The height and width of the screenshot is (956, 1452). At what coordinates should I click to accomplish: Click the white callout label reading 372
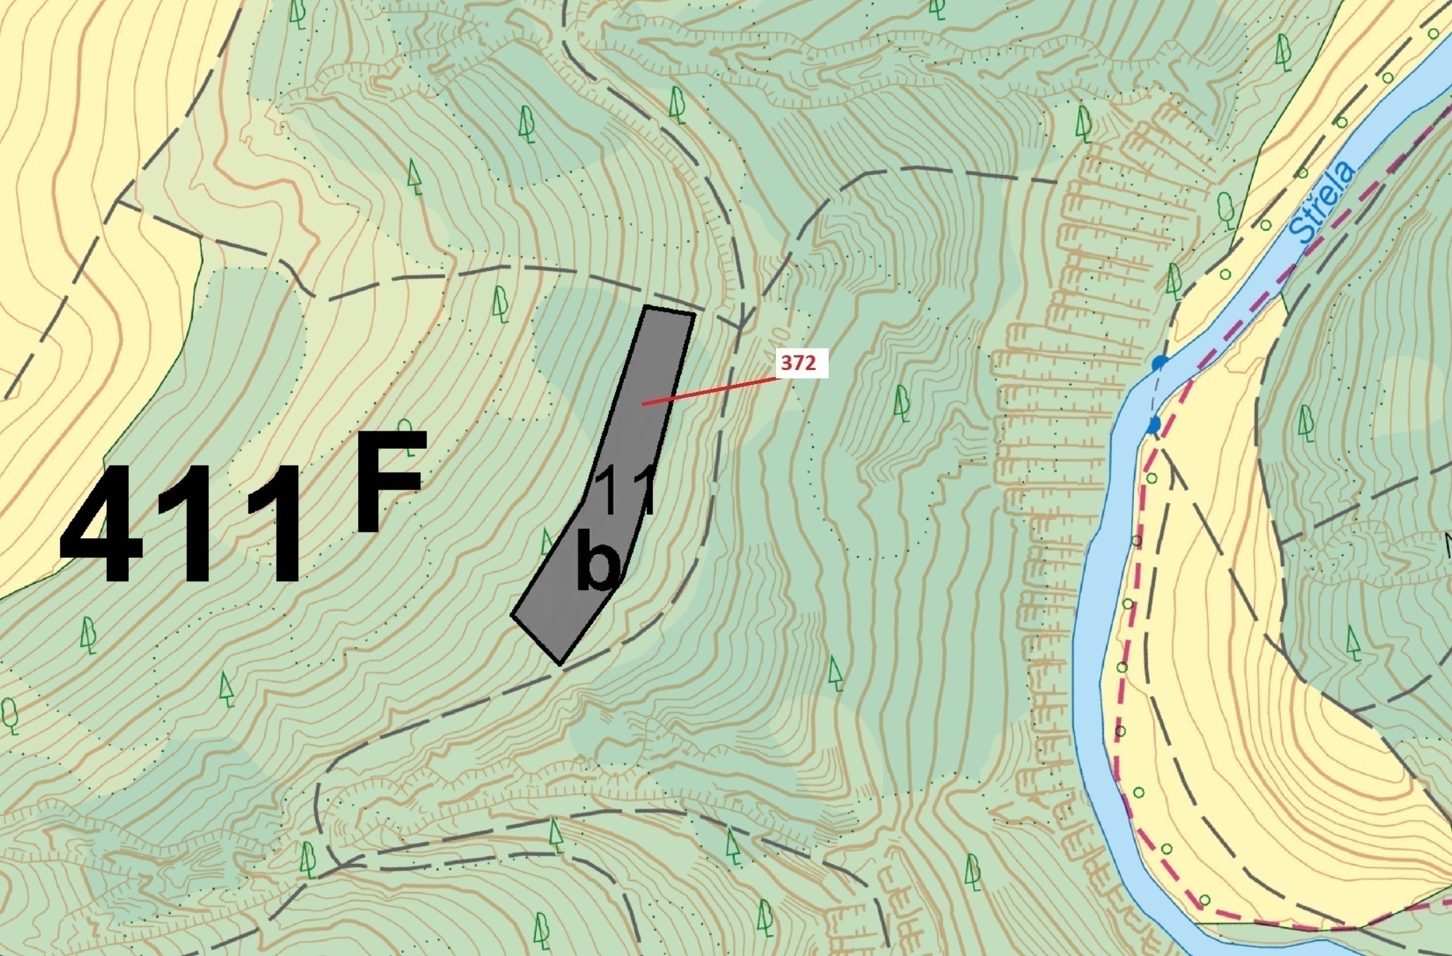point(803,363)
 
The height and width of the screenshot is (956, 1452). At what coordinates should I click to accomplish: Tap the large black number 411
point(181,525)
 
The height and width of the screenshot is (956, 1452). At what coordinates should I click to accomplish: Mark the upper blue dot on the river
point(1159,363)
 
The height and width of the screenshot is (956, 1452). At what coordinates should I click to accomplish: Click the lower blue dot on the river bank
point(1154,425)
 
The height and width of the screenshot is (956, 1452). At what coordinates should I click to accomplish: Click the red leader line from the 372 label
point(711,391)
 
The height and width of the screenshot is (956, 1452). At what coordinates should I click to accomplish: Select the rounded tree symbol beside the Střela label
point(1225,210)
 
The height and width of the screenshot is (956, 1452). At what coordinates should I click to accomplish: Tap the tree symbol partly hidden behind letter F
point(405,428)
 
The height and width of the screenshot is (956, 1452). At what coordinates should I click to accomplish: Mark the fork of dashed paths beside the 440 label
point(742,327)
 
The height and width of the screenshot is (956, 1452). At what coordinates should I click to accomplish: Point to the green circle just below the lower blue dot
point(1152,478)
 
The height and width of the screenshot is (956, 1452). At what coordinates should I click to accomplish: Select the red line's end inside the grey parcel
point(643,404)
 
